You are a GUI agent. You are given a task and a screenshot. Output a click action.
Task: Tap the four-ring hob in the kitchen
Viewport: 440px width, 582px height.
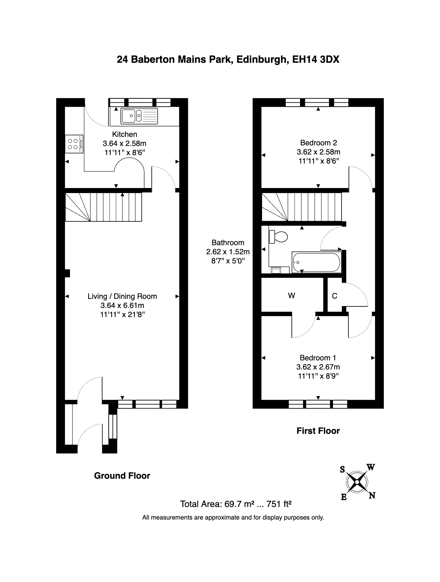click(74, 144)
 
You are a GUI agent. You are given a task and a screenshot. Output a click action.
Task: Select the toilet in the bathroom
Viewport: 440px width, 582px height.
click(278, 237)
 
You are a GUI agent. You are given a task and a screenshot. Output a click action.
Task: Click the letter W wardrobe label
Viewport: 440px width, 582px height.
click(292, 296)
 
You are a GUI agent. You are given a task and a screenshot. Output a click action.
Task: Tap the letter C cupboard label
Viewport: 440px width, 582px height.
click(335, 296)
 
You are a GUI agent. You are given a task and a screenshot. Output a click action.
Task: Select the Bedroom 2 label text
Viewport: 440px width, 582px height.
click(318, 143)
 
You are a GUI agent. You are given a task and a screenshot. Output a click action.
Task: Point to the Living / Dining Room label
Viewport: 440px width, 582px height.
click(122, 296)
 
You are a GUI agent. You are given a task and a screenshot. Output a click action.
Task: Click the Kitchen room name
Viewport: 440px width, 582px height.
click(125, 134)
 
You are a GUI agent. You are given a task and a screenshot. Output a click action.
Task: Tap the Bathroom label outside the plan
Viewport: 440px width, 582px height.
click(228, 243)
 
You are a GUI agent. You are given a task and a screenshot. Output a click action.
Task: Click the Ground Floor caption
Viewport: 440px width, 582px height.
click(122, 476)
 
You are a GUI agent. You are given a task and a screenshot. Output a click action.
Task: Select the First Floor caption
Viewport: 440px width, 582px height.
click(318, 431)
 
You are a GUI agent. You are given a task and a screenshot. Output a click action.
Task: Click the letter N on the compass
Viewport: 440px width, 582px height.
click(372, 496)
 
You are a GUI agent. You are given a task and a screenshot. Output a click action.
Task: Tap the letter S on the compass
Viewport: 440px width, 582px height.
click(343, 470)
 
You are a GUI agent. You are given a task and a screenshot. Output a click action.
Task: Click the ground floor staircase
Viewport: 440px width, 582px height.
click(104, 207)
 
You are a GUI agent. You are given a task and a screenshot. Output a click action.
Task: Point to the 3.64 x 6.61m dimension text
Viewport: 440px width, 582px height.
click(122, 305)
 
